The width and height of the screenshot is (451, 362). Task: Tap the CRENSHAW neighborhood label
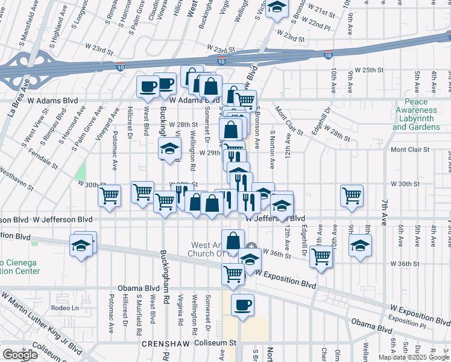[165, 343]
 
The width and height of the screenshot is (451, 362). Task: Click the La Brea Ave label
[17, 106]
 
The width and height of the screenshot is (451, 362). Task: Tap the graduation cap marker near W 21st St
[277, 8]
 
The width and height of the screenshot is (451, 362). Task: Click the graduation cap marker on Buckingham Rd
[170, 148]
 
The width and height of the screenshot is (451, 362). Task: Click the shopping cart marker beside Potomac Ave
[109, 195]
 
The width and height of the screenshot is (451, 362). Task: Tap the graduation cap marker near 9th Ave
[360, 246]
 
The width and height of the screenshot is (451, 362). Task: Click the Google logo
[20, 354]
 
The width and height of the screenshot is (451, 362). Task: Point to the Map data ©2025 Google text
[413, 357]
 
